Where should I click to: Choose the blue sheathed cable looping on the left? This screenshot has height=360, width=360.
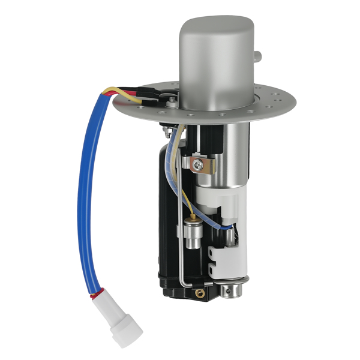click(x=84, y=192)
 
